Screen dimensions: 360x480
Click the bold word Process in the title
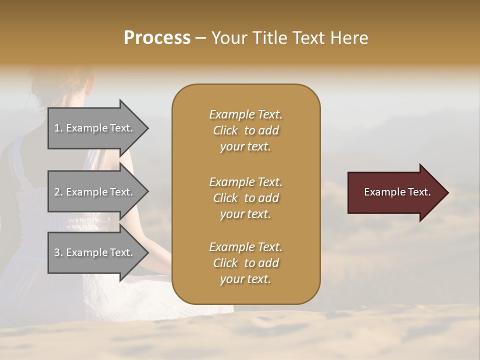[157, 38]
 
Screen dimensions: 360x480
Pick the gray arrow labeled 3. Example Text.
[95, 253]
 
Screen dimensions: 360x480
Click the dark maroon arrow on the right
[395, 192]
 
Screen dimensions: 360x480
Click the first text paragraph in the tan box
[245, 130]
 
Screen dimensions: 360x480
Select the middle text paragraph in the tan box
[245, 198]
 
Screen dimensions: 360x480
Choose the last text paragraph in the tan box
[245, 263]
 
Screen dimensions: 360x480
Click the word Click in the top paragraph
[225, 131]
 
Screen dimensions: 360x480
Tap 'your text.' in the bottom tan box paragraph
[245, 279]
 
